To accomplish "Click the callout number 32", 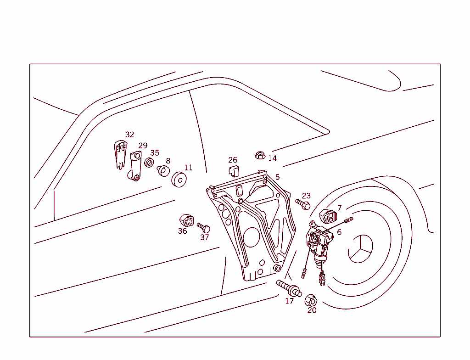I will tap(130, 135).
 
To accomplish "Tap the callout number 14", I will tap(272, 158).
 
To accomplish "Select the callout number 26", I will tap(233, 160).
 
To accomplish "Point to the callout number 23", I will tap(306, 196).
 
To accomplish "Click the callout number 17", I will tap(289, 301).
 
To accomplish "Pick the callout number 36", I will tap(182, 231).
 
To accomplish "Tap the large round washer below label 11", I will tap(179, 180).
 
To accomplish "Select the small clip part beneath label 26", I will tap(234, 171).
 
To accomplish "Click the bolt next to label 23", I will tap(303, 203).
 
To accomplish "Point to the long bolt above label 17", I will tap(289, 288).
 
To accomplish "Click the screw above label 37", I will tap(203, 227).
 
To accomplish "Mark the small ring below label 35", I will tap(149, 162).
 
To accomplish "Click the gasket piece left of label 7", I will tap(328, 216).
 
